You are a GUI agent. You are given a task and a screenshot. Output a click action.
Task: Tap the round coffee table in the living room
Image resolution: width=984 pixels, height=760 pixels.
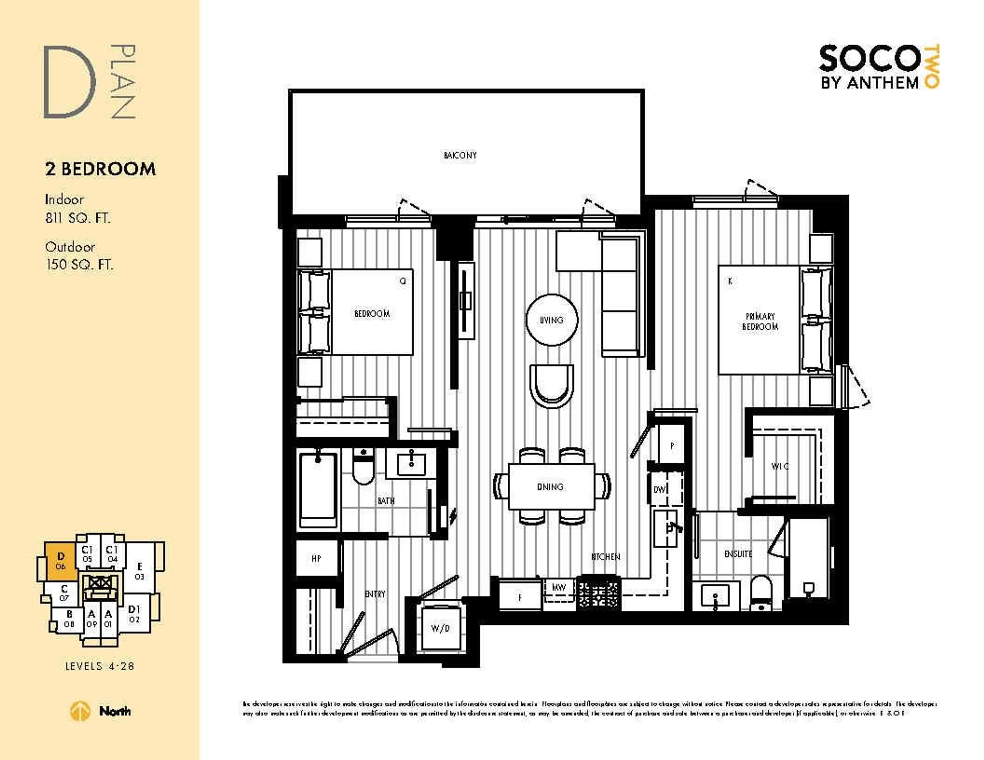551,320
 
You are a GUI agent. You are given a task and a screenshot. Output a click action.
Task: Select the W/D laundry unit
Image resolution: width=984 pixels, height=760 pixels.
440,628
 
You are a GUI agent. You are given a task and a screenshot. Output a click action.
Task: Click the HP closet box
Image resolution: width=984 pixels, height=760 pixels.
316,559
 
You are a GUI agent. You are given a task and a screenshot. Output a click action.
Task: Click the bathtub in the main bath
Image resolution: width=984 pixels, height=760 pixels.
318,491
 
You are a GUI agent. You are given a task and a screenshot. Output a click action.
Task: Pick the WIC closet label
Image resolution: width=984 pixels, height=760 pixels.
780,466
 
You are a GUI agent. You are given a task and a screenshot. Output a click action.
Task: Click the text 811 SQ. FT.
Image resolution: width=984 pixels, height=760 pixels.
77,218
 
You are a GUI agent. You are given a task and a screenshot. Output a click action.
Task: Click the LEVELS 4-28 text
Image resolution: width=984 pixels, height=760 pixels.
100,666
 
